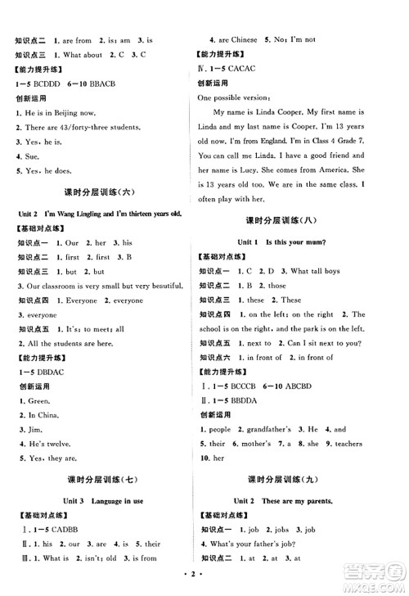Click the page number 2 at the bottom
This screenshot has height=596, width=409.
click(x=204, y=584)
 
